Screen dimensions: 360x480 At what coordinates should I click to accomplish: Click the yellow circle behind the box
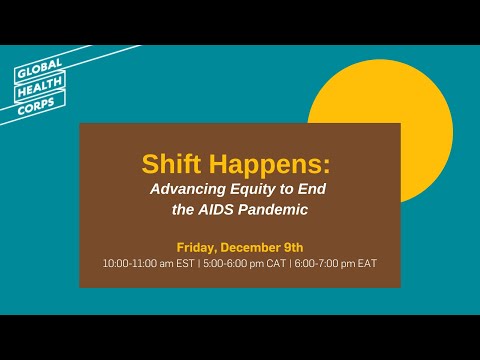click(x=400, y=95)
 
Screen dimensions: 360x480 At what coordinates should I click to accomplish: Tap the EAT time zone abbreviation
click(x=367, y=264)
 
